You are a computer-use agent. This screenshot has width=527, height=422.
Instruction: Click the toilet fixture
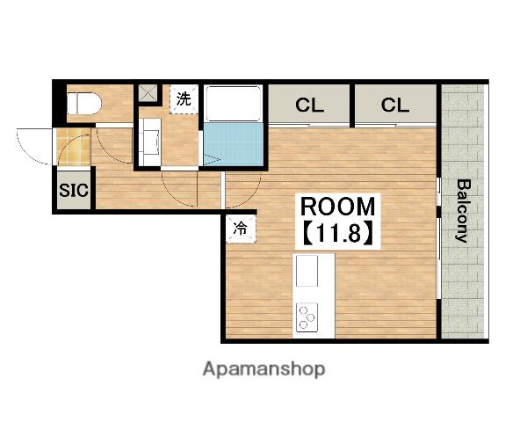coord(84,104)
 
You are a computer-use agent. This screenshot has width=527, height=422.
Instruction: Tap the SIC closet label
coord(74,190)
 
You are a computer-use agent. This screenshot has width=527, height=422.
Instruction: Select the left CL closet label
coord(309,105)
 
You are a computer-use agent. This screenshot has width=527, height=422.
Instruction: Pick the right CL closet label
coord(395,105)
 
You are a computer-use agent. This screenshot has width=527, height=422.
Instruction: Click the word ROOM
coord(337,207)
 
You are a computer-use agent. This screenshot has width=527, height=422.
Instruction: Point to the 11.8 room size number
coord(337,233)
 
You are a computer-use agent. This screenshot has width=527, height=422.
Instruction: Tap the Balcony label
coord(463,211)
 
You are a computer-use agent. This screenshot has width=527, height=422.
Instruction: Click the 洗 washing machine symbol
coord(184,99)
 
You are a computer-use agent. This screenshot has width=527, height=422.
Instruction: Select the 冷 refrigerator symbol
coord(241,229)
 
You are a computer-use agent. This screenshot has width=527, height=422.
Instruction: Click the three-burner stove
coord(307,316)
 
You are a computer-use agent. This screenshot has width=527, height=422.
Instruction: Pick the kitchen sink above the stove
coord(307,271)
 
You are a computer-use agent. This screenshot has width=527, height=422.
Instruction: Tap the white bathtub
coord(234,104)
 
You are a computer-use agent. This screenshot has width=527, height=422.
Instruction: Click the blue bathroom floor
coord(234,144)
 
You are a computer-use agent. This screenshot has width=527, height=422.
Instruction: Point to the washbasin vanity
coord(150,142)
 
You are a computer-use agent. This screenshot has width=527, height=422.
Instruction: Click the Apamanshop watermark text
coord(263,369)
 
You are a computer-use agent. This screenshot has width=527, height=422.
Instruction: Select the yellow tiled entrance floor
coord(74,148)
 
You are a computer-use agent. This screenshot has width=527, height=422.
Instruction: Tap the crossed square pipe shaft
coord(148,93)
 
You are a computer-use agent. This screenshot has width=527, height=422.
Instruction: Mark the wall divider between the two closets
coord(352,105)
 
